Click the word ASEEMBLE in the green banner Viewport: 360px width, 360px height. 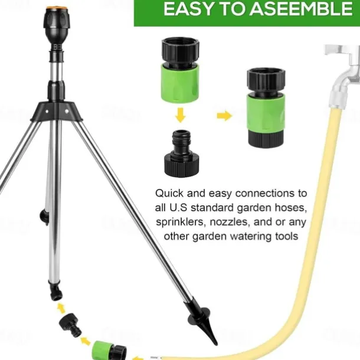pyautogui.click(x=301, y=9)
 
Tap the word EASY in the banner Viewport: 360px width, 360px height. pyautogui.click(x=188, y=9)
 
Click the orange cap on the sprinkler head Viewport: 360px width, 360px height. pyautogui.click(x=56, y=9)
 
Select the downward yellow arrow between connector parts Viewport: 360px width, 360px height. pyautogui.click(x=181, y=115)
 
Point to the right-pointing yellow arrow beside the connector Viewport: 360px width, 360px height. pyautogui.click(x=224, y=116)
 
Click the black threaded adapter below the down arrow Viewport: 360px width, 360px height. pyautogui.click(x=182, y=153)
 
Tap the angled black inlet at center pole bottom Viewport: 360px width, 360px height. pyautogui.click(x=56, y=292)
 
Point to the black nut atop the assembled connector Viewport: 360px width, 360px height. pyautogui.click(x=266, y=81)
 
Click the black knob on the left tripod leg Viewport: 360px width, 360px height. pyautogui.click(x=44, y=216)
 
